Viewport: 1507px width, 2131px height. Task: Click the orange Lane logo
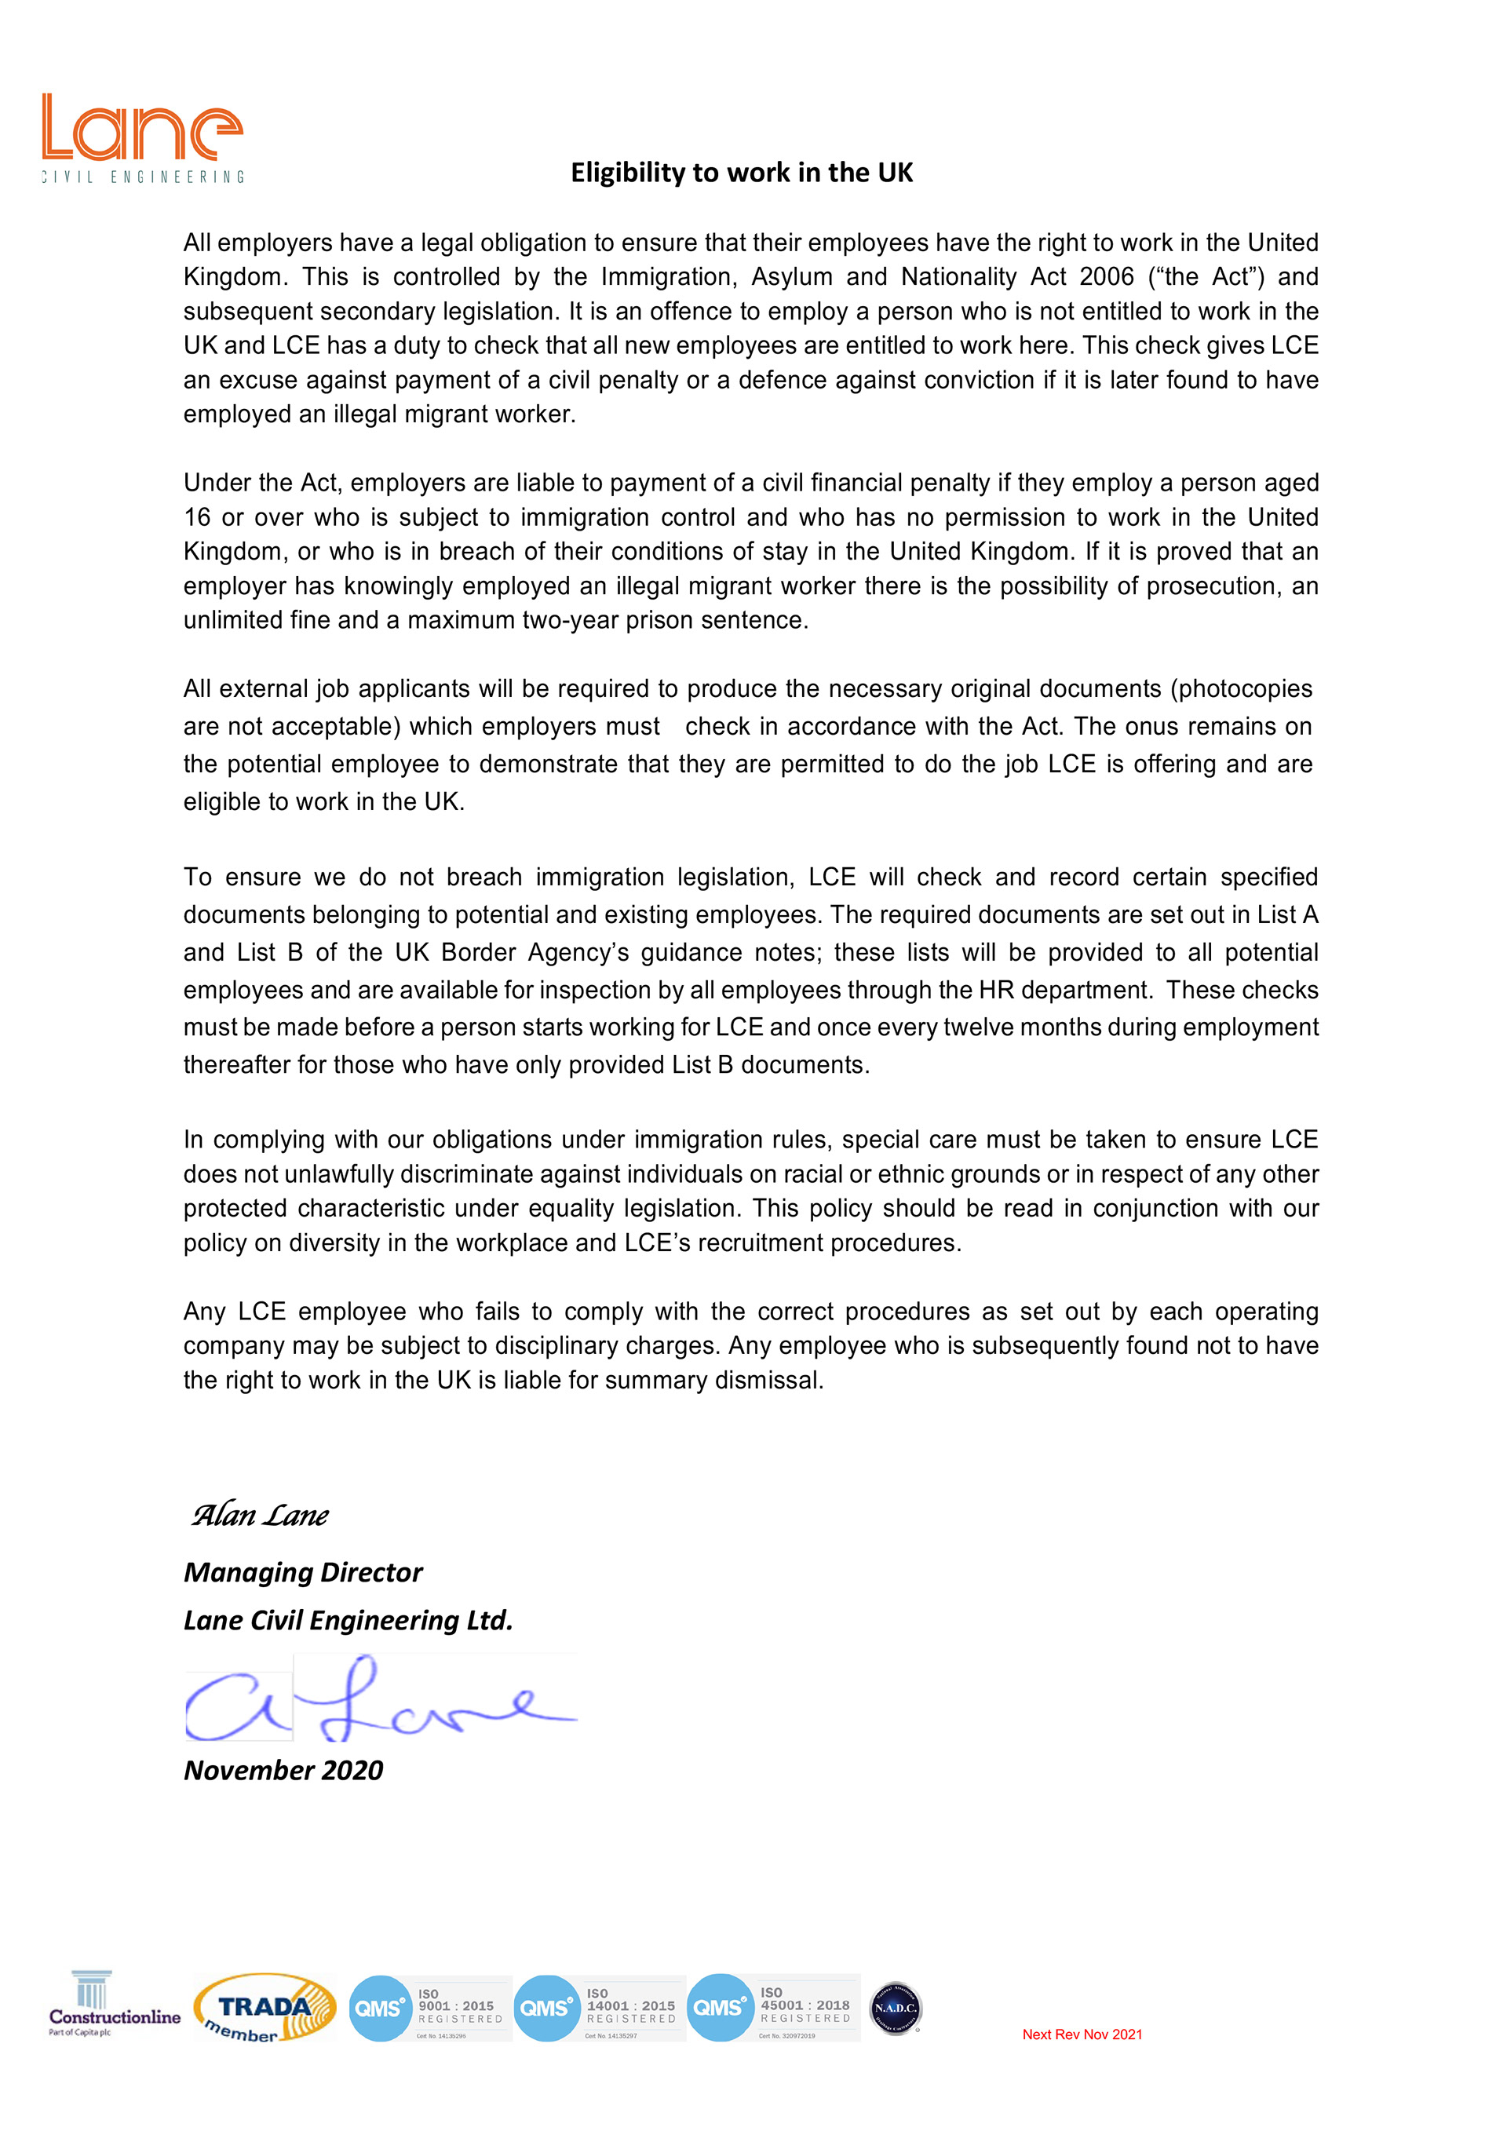point(142,137)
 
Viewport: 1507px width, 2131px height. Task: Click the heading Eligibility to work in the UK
point(742,173)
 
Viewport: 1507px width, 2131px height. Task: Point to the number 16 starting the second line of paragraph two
point(197,517)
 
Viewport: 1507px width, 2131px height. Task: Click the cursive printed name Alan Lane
point(260,1516)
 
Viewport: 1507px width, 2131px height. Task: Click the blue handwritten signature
point(381,1699)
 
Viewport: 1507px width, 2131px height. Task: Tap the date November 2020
point(283,1770)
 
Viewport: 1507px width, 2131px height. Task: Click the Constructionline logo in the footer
point(113,2005)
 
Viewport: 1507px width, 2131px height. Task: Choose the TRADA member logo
point(265,2008)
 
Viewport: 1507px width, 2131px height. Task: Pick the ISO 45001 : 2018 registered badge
point(774,2008)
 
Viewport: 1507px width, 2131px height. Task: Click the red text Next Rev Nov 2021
point(1082,2034)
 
